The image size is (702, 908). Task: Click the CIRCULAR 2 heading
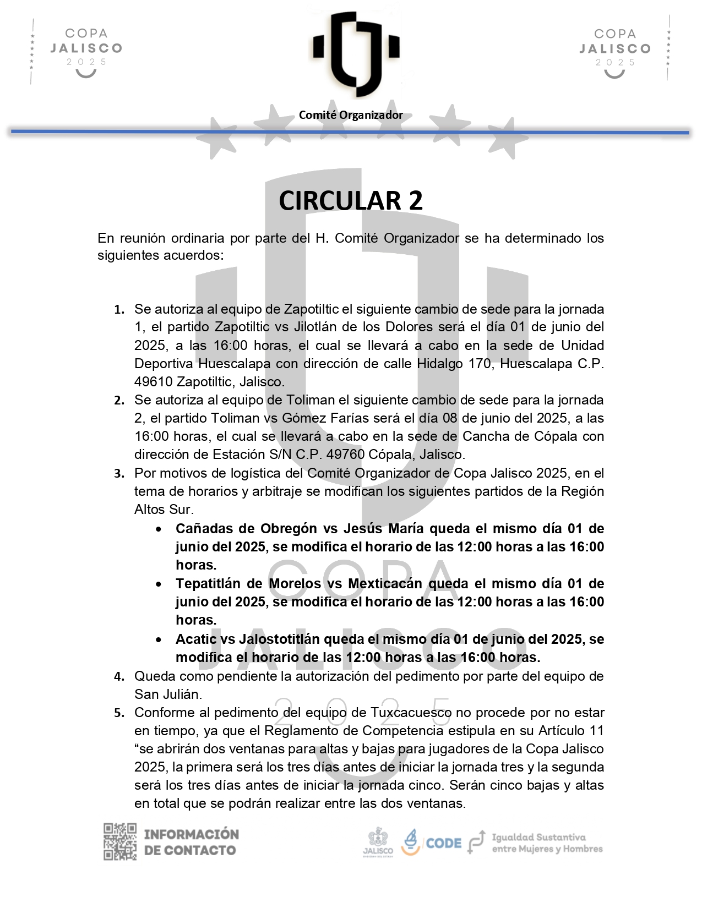[351, 201]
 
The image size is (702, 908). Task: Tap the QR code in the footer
[120, 841]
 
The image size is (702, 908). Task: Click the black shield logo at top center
[356, 52]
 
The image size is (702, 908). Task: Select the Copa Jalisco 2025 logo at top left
[85, 51]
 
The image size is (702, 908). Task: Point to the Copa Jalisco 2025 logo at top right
[615, 51]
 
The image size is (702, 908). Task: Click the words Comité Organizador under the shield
[351, 115]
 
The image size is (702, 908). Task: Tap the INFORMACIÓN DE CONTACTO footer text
[191, 842]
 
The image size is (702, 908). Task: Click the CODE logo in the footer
[432, 843]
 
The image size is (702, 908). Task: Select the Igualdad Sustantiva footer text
[547, 843]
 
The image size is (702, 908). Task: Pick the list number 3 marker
[119, 474]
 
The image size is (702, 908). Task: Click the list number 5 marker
[119, 713]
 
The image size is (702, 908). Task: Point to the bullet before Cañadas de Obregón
[159, 529]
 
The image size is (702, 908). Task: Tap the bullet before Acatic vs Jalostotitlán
[159, 640]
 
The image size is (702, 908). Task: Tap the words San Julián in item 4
[168, 694]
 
